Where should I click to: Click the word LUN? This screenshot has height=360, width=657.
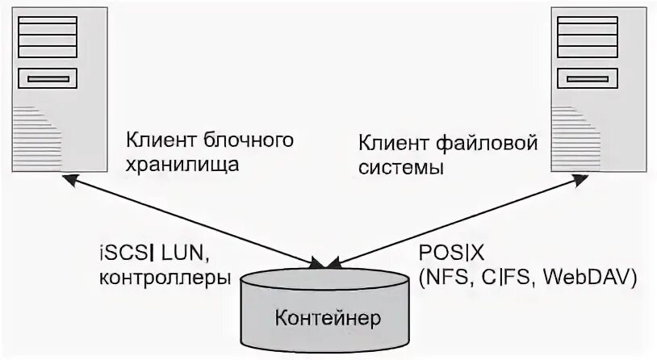tap(186, 254)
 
